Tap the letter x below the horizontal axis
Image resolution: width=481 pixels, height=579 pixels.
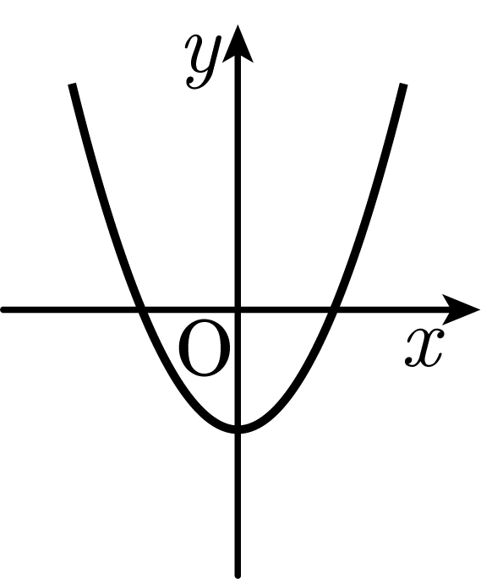424,348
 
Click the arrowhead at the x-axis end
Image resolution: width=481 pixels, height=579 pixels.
462,309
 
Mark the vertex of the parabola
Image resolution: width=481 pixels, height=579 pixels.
238,429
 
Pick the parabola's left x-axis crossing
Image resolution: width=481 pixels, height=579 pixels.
141,310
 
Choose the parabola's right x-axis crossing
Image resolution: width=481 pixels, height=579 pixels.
333,310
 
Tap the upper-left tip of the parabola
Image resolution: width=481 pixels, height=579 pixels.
73,85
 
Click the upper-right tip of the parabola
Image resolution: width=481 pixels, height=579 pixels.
404,85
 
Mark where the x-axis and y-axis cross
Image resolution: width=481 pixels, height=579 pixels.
238,310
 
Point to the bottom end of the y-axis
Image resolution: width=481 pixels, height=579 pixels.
238,576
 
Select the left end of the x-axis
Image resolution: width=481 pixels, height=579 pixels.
3,310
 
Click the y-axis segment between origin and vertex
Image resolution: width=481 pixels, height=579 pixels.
238,369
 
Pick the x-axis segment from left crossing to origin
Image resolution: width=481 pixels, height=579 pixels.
190,310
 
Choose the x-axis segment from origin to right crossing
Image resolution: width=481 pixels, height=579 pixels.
285,310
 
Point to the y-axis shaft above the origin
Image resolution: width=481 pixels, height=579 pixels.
238,184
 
